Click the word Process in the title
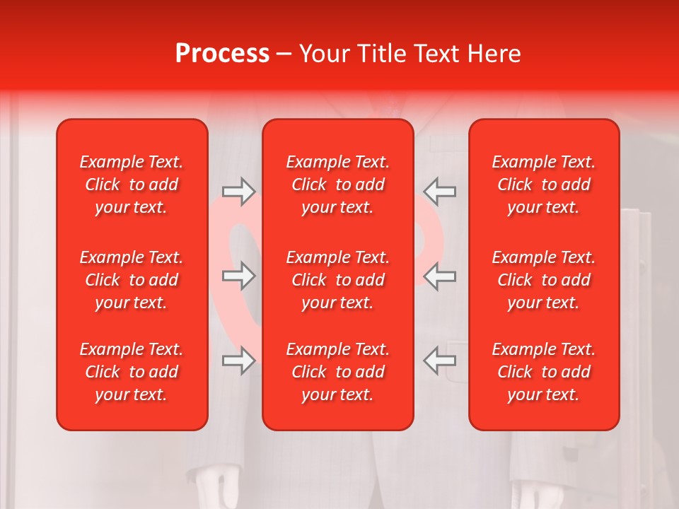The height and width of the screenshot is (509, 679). (222, 54)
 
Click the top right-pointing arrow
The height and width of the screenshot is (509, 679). (239, 192)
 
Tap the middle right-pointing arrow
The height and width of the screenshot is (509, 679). (239, 276)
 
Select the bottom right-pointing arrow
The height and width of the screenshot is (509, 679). (239, 361)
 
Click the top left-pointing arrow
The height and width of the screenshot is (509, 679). (439, 192)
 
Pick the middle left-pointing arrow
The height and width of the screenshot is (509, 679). (439, 276)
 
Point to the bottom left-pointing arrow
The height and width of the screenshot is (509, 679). (439, 361)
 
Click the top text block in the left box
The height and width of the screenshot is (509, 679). (132, 185)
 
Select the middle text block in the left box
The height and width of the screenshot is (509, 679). (132, 280)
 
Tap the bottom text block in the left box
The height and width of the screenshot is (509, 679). (132, 372)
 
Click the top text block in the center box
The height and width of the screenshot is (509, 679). (338, 185)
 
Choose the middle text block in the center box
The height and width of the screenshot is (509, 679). (338, 280)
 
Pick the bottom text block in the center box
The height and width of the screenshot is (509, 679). (338, 372)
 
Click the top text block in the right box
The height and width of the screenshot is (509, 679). (544, 185)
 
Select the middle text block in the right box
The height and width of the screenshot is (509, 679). (544, 280)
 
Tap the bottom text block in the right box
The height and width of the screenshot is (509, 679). (544, 372)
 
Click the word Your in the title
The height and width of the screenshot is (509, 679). (323, 54)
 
